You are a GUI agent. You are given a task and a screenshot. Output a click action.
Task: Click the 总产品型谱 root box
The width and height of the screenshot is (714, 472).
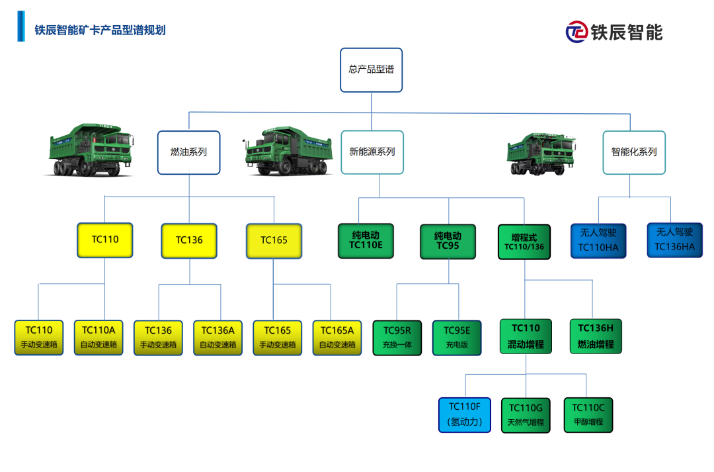coord(371,70)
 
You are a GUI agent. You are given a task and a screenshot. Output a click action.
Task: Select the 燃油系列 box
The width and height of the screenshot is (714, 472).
coord(188,152)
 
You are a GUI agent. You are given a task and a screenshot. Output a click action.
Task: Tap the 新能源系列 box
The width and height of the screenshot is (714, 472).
coord(372,152)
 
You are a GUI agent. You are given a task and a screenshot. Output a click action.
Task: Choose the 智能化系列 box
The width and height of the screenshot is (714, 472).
coord(633,152)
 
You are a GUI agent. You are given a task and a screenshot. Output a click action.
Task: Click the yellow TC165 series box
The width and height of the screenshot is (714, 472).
coord(274,240)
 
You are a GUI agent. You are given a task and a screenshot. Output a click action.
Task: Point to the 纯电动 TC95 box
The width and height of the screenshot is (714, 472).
coord(448,241)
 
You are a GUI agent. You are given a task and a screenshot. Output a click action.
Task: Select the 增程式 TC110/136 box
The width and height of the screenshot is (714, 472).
coord(524,242)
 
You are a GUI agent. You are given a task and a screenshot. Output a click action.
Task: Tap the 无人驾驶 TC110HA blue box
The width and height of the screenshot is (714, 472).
coord(598,240)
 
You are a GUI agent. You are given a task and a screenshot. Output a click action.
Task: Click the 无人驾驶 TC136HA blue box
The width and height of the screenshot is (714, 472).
coord(674,240)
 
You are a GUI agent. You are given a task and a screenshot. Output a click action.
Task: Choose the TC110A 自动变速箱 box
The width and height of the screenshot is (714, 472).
coord(99,337)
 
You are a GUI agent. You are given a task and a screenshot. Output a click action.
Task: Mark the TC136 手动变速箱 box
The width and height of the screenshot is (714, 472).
coord(158,338)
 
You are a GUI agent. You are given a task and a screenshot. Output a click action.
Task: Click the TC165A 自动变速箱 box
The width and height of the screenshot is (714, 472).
coord(337,338)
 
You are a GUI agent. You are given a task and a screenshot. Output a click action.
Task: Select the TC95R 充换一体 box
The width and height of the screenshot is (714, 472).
coord(397,338)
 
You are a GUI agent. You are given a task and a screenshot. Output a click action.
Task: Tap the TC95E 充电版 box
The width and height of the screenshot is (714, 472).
coord(457,338)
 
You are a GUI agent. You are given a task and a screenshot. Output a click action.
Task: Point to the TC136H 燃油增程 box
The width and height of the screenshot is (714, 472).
coord(596,336)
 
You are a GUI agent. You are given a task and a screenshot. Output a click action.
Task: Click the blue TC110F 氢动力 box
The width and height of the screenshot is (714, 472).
coord(465,414)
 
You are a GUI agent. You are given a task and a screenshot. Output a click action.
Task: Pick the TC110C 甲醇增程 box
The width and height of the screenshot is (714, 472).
coord(588,414)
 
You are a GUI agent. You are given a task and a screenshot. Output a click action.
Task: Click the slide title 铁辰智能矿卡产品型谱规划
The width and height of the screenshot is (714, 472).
coord(100,30)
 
